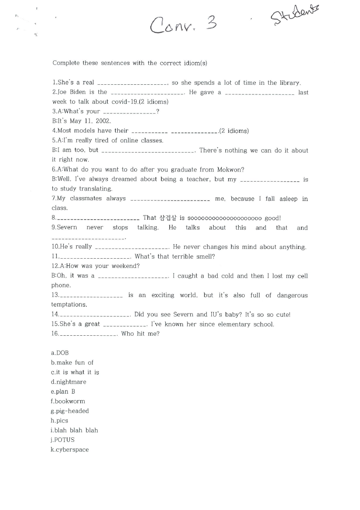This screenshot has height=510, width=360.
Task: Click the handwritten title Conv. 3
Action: coord(183,25)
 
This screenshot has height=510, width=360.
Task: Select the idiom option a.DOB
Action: coord(60,353)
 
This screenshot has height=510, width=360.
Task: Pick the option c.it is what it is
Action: coord(75,372)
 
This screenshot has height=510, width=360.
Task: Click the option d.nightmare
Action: coord(69,382)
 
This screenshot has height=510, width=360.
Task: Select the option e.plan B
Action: coord(63,392)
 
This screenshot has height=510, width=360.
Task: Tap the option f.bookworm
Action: coord(68,401)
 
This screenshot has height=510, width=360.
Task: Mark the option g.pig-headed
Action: coord(70,411)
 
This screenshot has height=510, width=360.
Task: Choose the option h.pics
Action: coord(60,421)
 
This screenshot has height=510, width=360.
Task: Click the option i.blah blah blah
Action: coord(74,431)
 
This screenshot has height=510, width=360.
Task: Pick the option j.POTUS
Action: coord(63,440)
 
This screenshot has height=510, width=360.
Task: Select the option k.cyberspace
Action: coord(70,450)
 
